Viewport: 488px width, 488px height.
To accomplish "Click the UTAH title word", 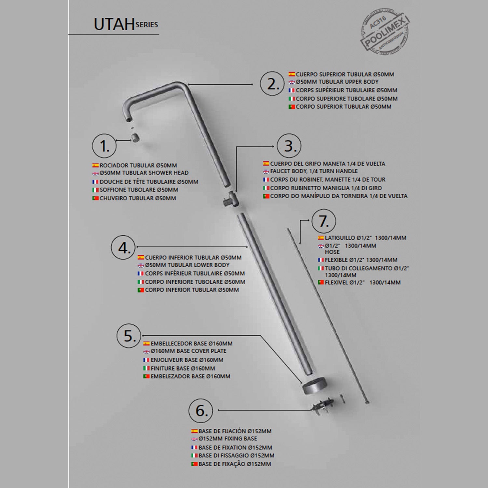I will [114, 24].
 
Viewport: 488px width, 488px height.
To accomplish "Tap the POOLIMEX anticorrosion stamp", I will [385, 32].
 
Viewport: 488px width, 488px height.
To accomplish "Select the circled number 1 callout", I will [104, 146].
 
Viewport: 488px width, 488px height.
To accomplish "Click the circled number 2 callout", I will [272, 84].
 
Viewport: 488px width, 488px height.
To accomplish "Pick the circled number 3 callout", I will [289, 146].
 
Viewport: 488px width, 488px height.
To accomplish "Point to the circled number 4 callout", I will [123, 248].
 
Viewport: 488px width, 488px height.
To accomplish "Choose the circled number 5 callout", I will [129, 335].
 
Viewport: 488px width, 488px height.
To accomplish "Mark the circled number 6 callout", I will [201, 410].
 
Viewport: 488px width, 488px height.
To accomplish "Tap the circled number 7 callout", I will [323, 221].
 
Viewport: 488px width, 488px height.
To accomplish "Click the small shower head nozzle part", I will [135, 138].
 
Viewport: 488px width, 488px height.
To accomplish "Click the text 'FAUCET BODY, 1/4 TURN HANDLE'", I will [314, 171].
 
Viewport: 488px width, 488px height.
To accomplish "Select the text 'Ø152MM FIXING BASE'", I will [228, 439].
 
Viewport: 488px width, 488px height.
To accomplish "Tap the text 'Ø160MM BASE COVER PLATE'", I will [188, 351].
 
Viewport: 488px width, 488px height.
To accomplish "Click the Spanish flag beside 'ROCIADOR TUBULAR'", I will [95, 166].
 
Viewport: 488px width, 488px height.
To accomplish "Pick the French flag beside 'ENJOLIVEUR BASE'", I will [146, 360].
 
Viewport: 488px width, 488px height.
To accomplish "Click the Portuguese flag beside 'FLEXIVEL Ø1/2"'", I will [321, 283].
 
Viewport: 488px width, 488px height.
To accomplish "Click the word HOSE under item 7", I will [332, 252].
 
